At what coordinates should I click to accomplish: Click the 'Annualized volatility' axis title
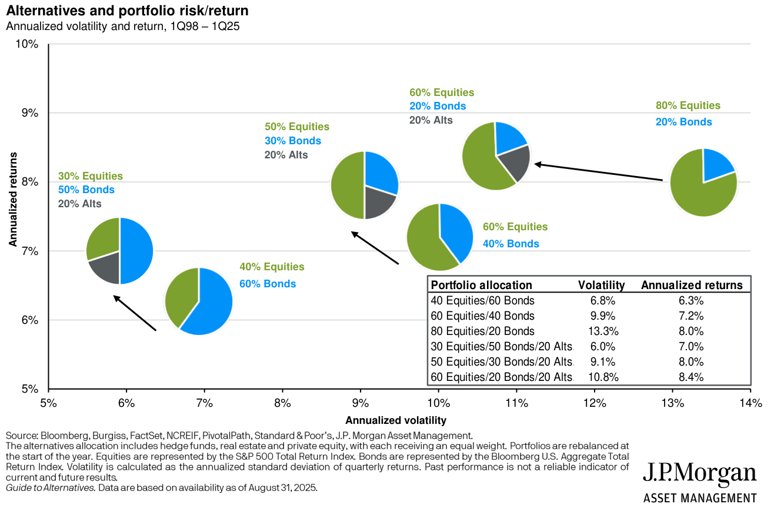click(x=396, y=420)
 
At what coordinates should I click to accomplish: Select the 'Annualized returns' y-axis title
click(x=12, y=200)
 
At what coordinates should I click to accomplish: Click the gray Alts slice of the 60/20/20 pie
click(x=516, y=162)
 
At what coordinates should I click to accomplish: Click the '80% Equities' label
click(x=688, y=106)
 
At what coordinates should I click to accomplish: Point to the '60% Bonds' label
click(x=268, y=284)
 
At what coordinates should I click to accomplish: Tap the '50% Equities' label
click(x=297, y=127)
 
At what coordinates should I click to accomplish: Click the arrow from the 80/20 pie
click(x=599, y=172)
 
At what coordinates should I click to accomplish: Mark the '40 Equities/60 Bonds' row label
click(x=482, y=300)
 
